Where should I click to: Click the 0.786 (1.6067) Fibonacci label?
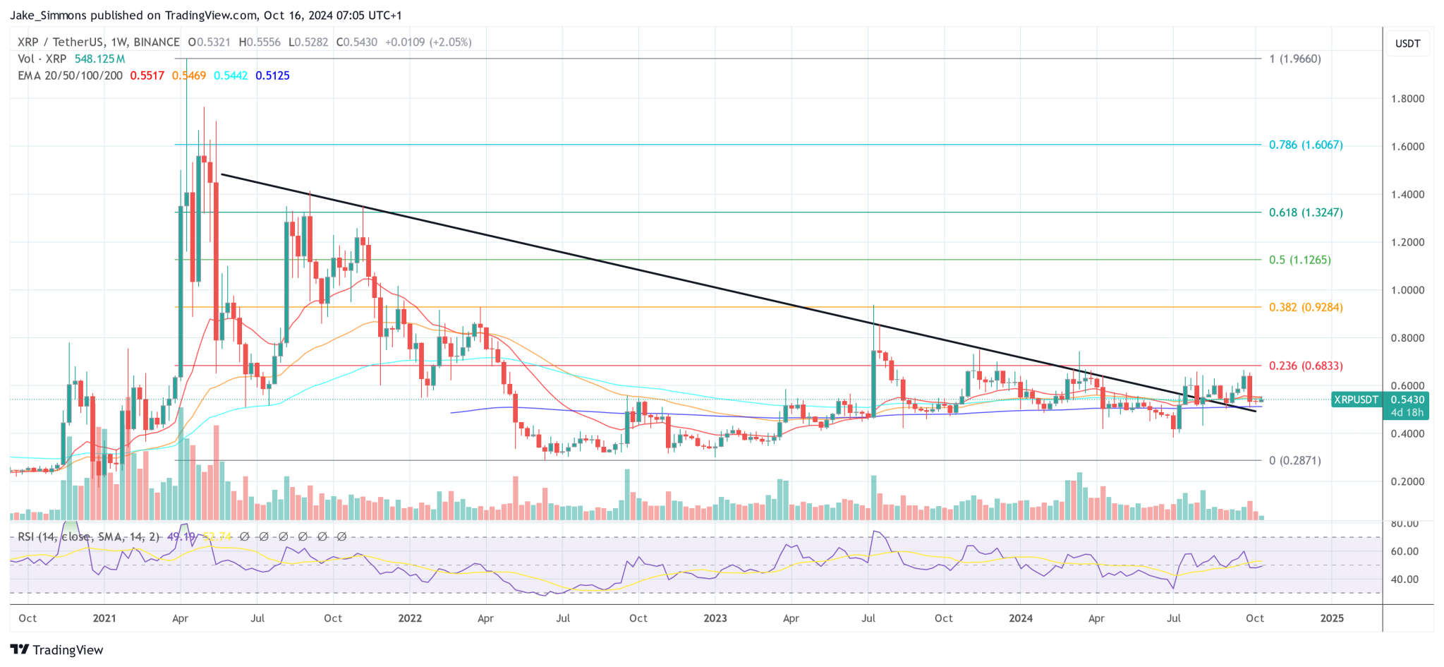pyautogui.click(x=1305, y=145)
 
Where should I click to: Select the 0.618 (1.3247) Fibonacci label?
pyautogui.click(x=1305, y=212)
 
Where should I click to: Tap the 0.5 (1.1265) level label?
pyautogui.click(x=1299, y=260)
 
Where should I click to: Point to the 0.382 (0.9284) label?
pyautogui.click(x=1305, y=307)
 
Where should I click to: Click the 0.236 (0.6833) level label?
pyautogui.click(x=1305, y=366)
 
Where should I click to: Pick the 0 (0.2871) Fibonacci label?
pyautogui.click(x=1294, y=460)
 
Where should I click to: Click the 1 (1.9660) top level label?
pyautogui.click(x=1294, y=59)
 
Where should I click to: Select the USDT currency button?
pyautogui.click(x=1407, y=43)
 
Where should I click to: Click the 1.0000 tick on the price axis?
pyautogui.click(x=1407, y=290)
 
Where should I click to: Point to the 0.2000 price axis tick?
pyautogui.click(x=1407, y=481)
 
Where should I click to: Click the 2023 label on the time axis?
pyautogui.click(x=715, y=618)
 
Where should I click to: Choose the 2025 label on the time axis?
pyautogui.click(x=1331, y=618)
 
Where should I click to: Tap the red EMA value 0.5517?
pyautogui.click(x=147, y=76)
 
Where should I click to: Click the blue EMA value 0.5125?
pyautogui.click(x=272, y=76)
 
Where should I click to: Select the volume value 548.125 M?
pyautogui.click(x=99, y=59)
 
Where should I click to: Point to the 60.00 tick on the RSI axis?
pyautogui.click(x=1404, y=551)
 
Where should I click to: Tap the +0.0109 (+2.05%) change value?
pyautogui.click(x=427, y=42)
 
